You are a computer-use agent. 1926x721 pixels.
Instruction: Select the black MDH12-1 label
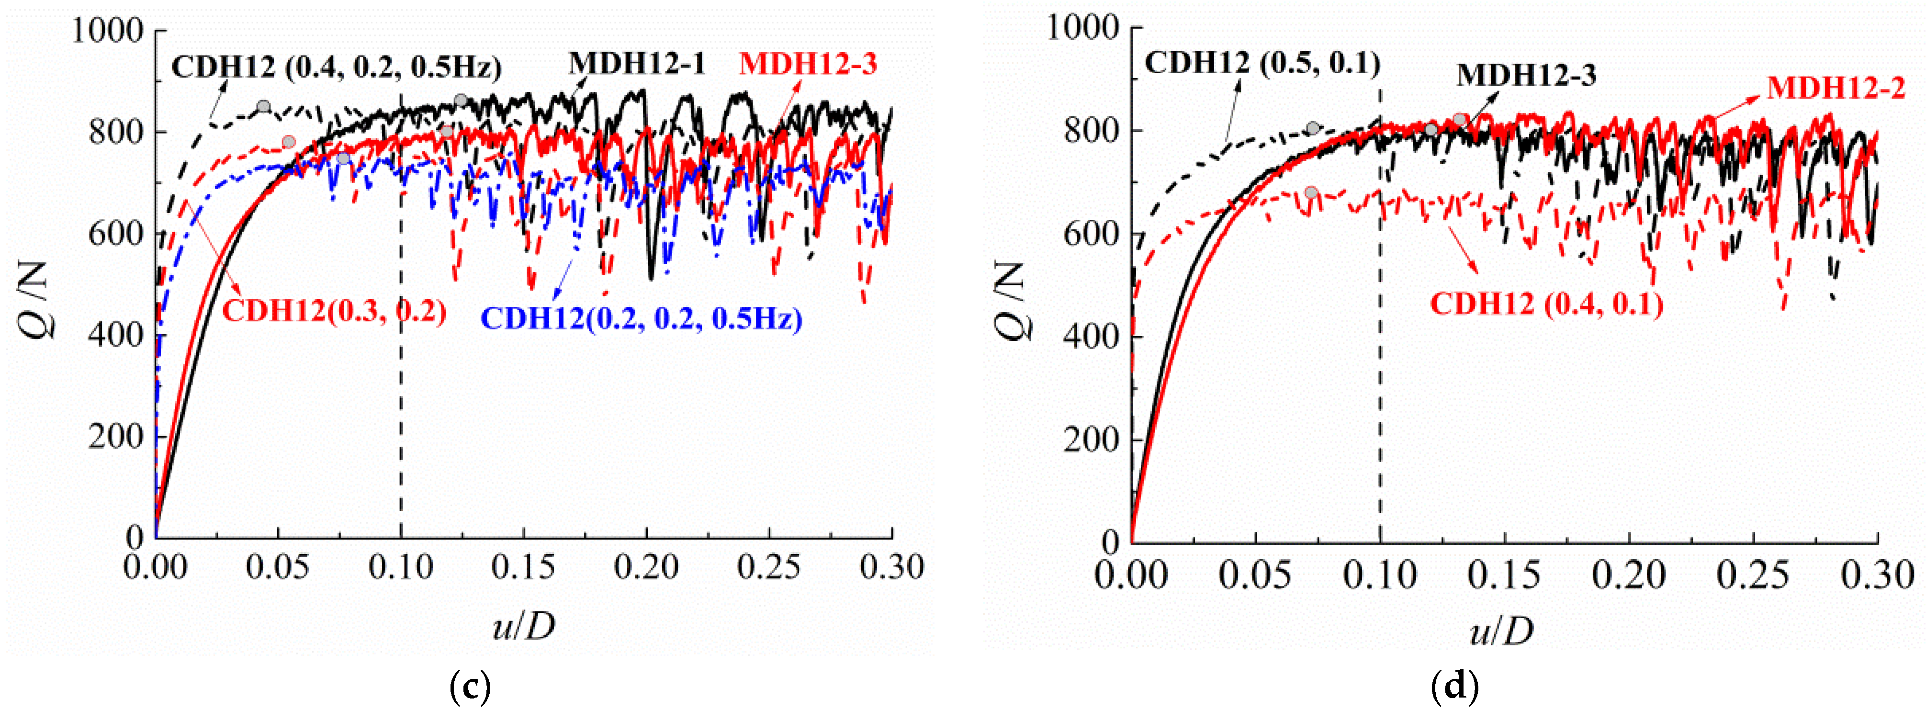pos(637,64)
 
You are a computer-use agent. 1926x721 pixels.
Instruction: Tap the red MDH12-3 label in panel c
pos(808,64)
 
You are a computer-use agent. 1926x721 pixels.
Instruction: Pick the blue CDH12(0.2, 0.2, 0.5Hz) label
pos(641,319)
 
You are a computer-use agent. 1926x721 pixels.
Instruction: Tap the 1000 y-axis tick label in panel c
pos(107,32)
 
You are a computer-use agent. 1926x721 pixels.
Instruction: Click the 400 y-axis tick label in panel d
pos(1090,337)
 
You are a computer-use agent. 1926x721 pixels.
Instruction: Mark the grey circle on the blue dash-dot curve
pos(343,158)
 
